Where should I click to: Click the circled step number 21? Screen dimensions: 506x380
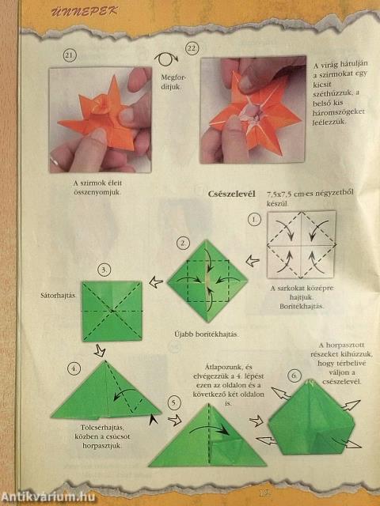[x=69, y=55]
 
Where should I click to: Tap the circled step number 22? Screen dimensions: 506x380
[x=192, y=49]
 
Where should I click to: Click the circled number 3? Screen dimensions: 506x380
[x=104, y=270]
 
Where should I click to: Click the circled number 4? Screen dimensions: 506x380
[x=74, y=368]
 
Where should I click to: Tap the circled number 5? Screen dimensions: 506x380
[x=175, y=403]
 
